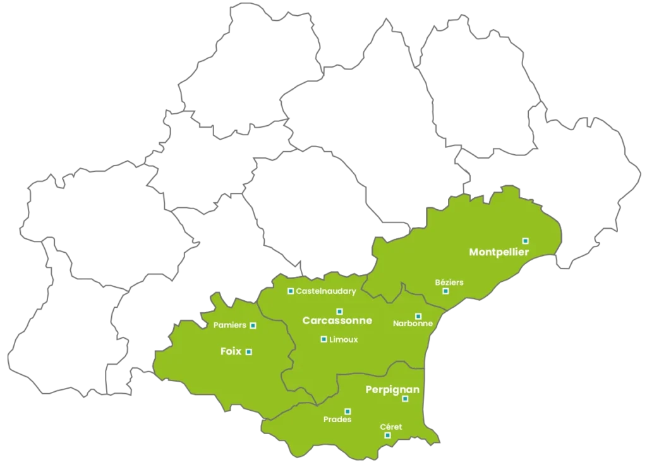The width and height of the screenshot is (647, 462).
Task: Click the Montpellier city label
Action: (x=499, y=252)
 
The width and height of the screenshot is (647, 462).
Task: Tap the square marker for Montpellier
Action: (x=525, y=240)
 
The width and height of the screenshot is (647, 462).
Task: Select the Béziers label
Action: (x=449, y=282)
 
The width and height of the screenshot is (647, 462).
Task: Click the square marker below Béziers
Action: (x=445, y=291)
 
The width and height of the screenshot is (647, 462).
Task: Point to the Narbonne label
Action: (x=413, y=324)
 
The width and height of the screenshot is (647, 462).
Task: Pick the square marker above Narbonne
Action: (x=418, y=316)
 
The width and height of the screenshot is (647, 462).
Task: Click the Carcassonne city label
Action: (x=337, y=320)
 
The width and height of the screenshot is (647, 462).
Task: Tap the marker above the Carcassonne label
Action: (x=339, y=311)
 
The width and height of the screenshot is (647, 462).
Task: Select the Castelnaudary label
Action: (x=326, y=291)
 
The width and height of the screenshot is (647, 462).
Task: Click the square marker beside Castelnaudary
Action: (x=291, y=291)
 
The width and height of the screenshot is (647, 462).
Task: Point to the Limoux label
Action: (x=344, y=339)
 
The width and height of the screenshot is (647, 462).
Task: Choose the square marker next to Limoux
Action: (x=323, y=339)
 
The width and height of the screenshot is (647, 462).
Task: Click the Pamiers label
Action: (x=230, y=325)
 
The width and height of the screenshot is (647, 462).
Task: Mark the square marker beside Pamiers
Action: (x=253, y=325)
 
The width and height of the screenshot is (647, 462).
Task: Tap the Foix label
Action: (x=231, y=351)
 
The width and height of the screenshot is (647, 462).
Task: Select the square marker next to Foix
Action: (x=248, y=352)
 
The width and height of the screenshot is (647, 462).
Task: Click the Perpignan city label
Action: (x=392, y=390)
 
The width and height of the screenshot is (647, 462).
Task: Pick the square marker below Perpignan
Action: (x=405, y=399)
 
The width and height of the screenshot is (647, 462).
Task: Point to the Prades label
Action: (x=337, y=419)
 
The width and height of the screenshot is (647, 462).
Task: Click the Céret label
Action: (x=390, y=427)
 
